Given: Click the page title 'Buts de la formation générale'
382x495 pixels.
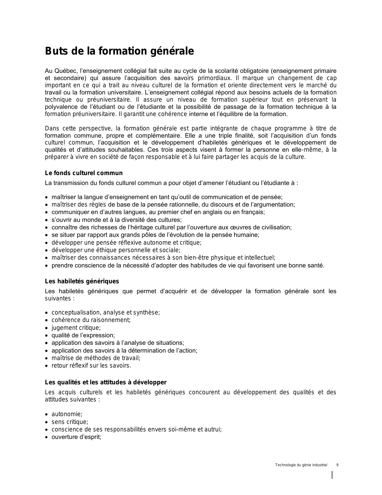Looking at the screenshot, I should pyautogui.click(x=119, y=51).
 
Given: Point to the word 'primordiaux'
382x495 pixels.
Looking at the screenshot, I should pyautogui.click(x=214, y=78).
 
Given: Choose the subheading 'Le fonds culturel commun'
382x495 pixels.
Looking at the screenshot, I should pyautogui.click(x=84, y=173).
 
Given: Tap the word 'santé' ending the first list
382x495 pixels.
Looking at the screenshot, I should pyautogui.click(x=316, y=265).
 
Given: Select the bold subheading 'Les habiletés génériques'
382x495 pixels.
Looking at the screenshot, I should pyautogui.click(x=82, y=281).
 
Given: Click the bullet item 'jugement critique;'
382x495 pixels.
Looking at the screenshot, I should pyautogui.click(x=76, y=328).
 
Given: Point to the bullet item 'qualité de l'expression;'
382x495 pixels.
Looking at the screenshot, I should pyautogui.click(x=83, y=335).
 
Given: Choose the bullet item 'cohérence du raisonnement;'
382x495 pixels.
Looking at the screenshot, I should pyautogui.click(x=91, y=320).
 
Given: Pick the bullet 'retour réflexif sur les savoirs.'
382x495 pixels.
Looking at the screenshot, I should pyautogui.click(x=91, y=365).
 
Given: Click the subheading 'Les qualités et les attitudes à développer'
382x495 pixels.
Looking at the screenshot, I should pyautogui.click(x=106, y=382).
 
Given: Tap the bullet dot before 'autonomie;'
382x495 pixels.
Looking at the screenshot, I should pyautogui.click(x=46, y=415).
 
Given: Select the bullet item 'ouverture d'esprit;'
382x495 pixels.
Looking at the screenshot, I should pyautogui.click(x=76, y=437).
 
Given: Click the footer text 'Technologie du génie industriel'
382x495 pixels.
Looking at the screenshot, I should pyautogui.click(x=301, y=465).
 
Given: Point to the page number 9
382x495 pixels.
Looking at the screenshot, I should pyautogui.click(x=337, y=465).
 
